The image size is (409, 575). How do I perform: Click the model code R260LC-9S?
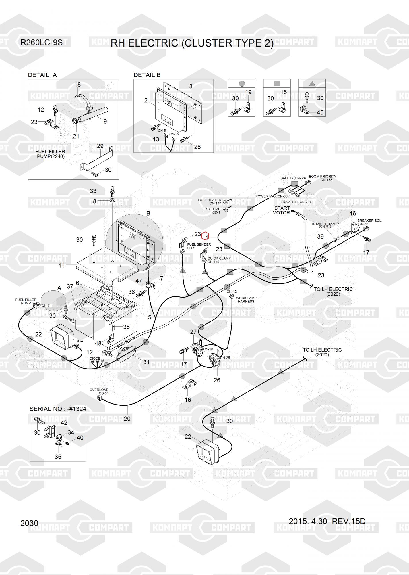pos(41,43)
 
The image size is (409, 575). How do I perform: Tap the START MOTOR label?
pos(282,210)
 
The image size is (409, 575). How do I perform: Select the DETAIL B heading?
pos(147,75)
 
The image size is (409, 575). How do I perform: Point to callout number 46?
pos(352,213)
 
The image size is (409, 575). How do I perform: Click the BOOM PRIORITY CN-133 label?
pos(322,178)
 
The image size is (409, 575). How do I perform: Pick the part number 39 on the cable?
pos(320,236)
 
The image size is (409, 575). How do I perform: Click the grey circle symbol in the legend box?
pos(242,84)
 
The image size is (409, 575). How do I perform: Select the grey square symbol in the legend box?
pos(277,83)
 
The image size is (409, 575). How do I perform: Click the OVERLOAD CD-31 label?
pos(99,392)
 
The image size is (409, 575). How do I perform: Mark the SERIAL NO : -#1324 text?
pos(58,409)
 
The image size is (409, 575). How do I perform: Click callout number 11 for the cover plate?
pos(62,265)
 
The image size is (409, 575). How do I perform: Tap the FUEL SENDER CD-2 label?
pos(199,246)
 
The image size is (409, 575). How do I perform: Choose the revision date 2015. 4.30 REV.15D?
pos(327,521)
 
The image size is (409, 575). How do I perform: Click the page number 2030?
pos(29,523)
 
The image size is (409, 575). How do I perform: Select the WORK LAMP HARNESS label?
pos(246,300)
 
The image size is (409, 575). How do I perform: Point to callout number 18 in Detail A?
pos(77,85)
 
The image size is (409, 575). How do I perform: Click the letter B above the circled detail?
pos(148,214)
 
